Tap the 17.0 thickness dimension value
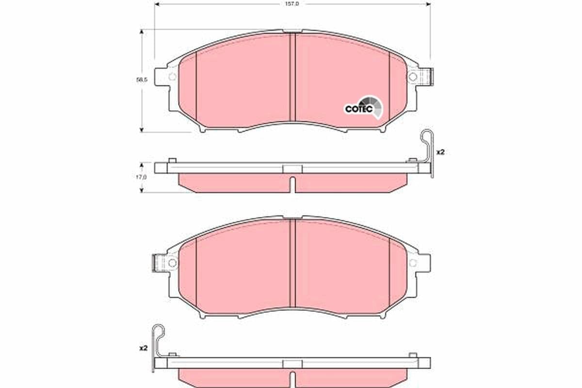[x=141, y=178]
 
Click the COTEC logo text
[x=358, y=109]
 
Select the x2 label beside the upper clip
[x=440, y=152]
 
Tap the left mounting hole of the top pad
[x=171, y=77]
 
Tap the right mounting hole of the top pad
[x=413, y=77]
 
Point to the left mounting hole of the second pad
[x=171, y=263]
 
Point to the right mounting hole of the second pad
[x=413, y=263]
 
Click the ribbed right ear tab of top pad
[x=427, y=77]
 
